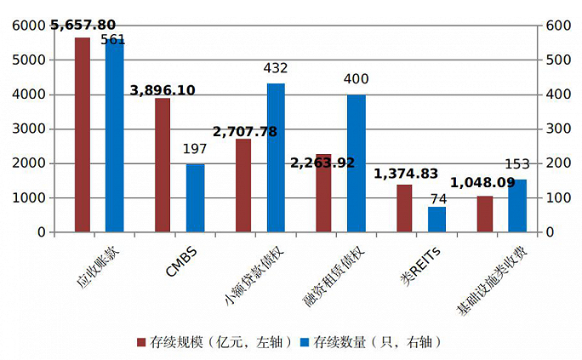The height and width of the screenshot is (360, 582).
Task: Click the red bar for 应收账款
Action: (83, 134)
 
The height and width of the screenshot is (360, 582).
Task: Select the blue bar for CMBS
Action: (195, 197)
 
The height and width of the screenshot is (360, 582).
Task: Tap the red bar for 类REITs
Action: (404, 208)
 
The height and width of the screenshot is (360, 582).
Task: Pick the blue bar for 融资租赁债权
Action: (356, 163)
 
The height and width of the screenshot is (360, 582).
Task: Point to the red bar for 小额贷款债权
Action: (243, 185)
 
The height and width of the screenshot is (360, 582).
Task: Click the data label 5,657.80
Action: (83, 25)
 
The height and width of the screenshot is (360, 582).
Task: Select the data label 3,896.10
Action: (163, 90)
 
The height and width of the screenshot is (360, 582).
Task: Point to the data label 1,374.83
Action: (406, 174)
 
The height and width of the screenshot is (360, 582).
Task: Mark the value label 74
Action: (437, 199)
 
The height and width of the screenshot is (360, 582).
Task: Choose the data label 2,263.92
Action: (322, 163)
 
